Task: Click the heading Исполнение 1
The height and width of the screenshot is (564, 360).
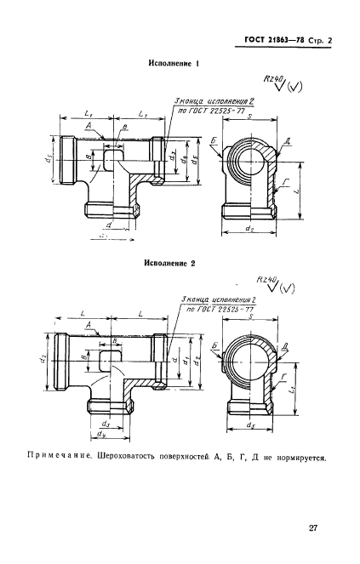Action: pos(174,63)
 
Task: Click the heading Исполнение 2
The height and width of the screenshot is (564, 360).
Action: pos(172,264)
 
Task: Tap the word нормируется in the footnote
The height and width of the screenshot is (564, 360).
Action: pos(300,460)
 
